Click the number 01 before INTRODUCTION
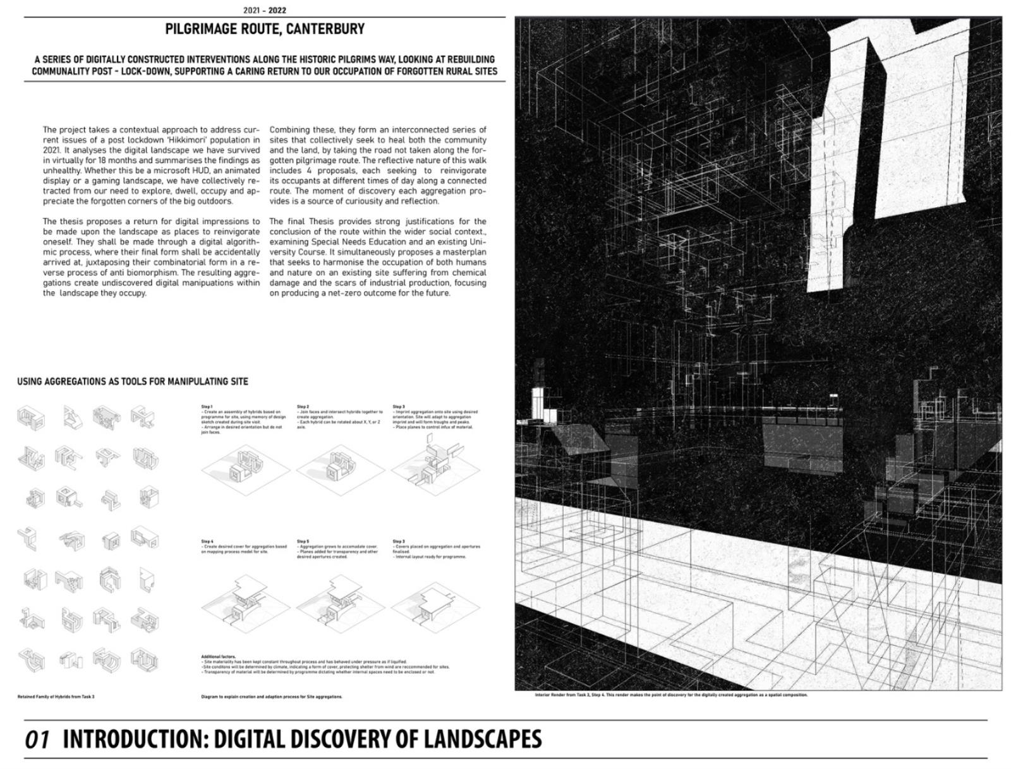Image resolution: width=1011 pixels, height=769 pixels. (37, 739)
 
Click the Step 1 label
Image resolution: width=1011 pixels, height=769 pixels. (207, 407)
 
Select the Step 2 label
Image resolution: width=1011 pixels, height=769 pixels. (303, 407)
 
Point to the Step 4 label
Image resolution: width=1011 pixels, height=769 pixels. (207, 541)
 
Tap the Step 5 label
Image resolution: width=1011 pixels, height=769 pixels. (303, 541)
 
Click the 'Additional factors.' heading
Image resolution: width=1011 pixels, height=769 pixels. (218, 657)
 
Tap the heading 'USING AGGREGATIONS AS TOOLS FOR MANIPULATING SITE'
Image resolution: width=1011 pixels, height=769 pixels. (133, 381)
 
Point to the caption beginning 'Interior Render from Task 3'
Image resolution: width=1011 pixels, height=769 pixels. (670, 694)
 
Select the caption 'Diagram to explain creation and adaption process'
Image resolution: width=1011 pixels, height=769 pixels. (272, 696)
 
